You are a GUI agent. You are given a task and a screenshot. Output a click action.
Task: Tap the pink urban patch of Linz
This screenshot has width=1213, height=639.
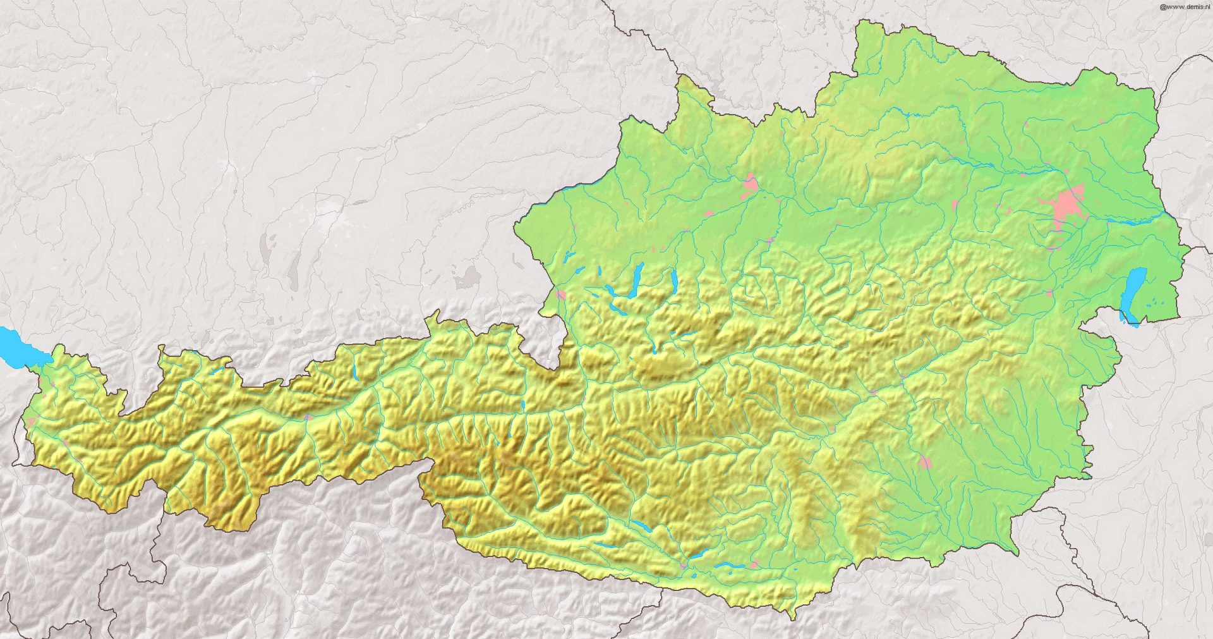click(751, 184)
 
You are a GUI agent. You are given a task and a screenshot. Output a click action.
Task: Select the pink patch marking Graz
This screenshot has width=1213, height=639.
click(924, 462)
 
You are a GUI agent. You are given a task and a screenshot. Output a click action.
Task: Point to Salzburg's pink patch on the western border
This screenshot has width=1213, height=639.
click(560, 294)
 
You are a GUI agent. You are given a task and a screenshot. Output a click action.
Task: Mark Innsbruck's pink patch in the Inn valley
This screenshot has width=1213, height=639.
click(308, 417)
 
